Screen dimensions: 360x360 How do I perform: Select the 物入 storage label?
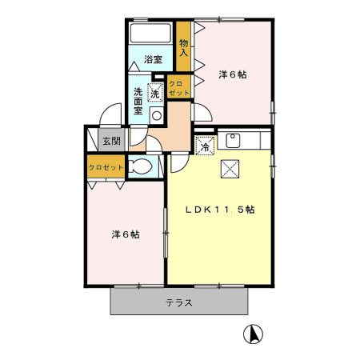coord(184,48)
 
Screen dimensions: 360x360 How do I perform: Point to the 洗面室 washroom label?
coord(138,101)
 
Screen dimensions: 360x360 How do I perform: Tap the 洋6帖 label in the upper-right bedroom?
coord(232,74)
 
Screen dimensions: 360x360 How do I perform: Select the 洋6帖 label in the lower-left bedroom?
coord(126,234)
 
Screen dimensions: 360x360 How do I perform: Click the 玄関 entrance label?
coord(110,142)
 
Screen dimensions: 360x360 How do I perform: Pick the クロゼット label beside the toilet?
coord(106,168)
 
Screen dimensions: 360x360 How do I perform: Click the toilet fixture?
coord(139,169)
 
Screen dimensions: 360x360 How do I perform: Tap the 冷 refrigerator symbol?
coord(205,146)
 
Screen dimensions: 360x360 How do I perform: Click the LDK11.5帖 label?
coord(221,210)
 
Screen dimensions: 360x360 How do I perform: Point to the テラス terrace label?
coord(180,303)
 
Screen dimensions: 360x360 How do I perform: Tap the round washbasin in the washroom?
coord(157,115)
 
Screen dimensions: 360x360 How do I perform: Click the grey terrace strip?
coord(136,302)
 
